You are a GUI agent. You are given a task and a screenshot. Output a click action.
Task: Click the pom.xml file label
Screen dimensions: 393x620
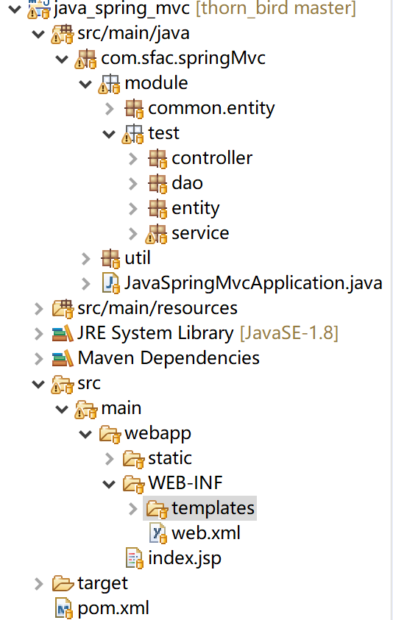[113, 608]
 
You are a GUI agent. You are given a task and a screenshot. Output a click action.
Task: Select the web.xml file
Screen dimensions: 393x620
[206, 533]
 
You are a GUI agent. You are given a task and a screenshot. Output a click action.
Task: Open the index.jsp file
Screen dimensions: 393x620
[185, 558]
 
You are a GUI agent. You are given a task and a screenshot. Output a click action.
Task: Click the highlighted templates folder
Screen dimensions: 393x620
[213, 508]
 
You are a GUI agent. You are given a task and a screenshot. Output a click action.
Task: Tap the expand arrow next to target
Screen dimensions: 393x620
[39, 584]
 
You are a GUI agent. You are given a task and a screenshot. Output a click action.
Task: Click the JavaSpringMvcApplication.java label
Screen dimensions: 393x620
[253, 283]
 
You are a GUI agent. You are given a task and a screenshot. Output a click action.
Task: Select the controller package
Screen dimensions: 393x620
[212, 158]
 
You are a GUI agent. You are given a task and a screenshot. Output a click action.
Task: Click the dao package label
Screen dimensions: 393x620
[187, 183]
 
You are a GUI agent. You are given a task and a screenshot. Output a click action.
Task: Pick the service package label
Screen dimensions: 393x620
[200, 233]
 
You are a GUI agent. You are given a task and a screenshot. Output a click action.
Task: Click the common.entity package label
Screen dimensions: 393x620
[211, 108]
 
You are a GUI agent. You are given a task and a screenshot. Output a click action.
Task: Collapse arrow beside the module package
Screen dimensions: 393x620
[85, 84]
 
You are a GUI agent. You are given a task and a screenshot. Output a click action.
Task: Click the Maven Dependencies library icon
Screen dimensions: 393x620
[63, 358]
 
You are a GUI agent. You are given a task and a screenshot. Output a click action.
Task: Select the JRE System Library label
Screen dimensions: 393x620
[155, 333]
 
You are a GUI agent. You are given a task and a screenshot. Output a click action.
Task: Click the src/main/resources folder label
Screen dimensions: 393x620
[157, 308]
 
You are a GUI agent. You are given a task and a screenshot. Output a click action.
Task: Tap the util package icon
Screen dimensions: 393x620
[110, 259]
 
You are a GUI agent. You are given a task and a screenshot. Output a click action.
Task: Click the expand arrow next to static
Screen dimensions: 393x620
[110, 459]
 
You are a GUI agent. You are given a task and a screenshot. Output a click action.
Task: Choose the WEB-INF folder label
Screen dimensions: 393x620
[185, 482]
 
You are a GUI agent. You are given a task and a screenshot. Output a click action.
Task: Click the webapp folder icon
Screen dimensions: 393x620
[110, 434]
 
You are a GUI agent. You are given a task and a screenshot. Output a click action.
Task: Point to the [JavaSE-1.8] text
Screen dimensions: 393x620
[289, 333]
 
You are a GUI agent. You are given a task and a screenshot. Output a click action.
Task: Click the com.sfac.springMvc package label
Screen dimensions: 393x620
[183, 59]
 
